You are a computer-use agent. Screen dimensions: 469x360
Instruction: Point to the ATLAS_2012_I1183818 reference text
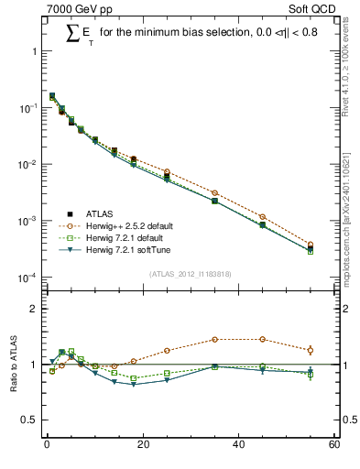tap(190, 274)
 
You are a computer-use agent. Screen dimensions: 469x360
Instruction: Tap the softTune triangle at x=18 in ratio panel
tap(133, 385)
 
